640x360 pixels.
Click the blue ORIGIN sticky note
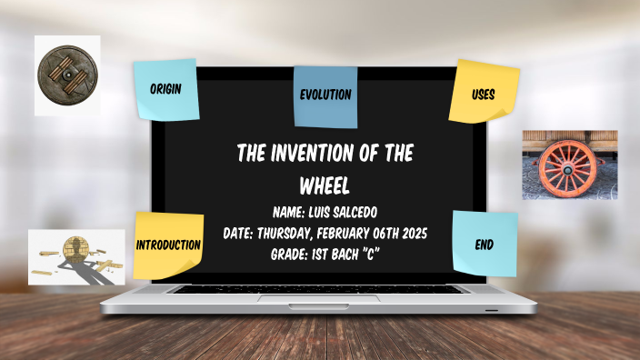coord(165,90)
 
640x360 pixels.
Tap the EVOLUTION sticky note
coord(325,95)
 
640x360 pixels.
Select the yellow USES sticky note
coord(484,92)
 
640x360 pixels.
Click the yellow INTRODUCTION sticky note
coord(168,245)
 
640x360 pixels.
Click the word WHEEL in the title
coord(325,185)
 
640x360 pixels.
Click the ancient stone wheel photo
coord(66,74)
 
